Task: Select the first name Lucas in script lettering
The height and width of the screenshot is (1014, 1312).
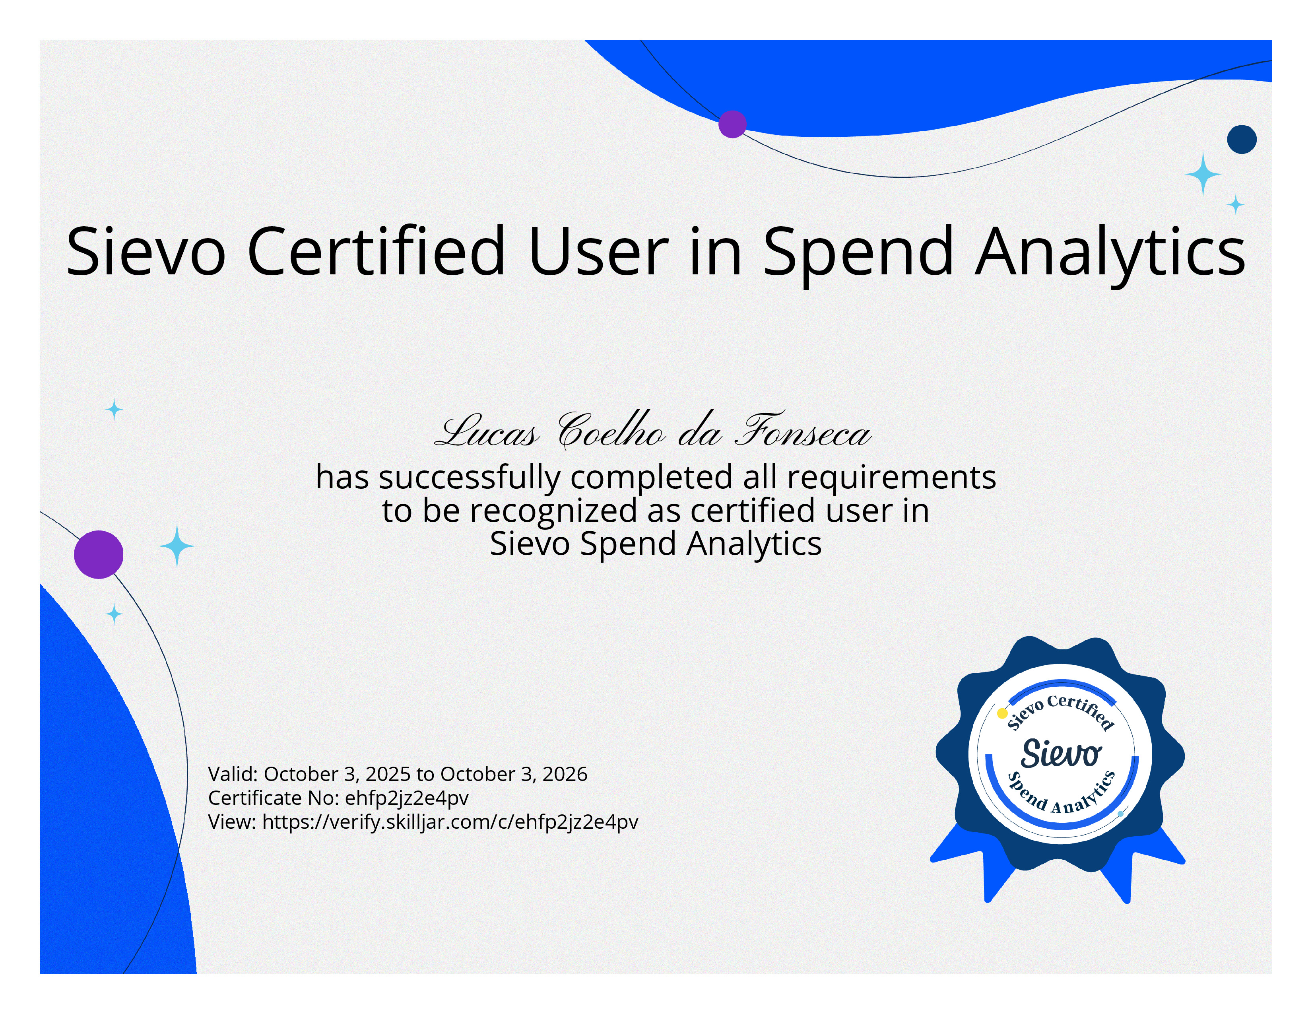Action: click(x=487, y=431)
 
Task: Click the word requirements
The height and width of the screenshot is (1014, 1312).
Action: click(x=891, y=478)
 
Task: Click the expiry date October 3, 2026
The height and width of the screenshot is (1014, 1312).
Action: click(x=514, y=774)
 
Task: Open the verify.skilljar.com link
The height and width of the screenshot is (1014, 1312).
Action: click(x=450, y=822)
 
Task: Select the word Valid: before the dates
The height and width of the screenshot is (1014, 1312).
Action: click(x=233, y=774)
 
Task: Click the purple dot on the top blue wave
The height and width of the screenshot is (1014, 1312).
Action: click(x=732, y=124)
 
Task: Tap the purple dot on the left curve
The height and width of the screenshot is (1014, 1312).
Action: click(x=99, y=554)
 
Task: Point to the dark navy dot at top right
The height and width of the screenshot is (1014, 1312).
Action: click(x=1242, y=139)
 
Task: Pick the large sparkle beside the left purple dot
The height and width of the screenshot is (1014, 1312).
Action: click(x=177, y=546)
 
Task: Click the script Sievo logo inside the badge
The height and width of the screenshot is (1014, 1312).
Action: click(x=1061, y=754)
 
